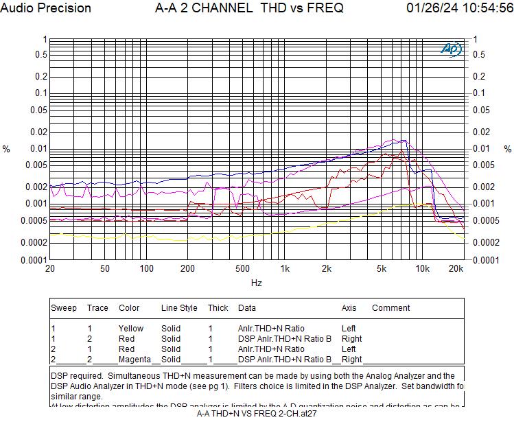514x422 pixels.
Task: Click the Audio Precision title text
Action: click(46, 8)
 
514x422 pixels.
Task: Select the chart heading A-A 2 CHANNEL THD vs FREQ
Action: click(250, 8)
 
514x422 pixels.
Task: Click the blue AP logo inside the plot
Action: click(451, 49)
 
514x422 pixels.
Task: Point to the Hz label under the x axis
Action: click(256, 283)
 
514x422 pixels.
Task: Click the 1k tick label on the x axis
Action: click(285, 269)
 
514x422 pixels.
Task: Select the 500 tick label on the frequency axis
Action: click(242, 269)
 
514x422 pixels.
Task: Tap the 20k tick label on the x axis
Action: click(457, 269)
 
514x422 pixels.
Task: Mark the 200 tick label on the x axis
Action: click(188, 269)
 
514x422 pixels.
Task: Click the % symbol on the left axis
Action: click(7, 149)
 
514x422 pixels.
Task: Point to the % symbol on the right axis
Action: click(508, 149)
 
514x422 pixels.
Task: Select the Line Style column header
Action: click(179, 308)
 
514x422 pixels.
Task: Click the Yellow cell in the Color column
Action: click(131, 329)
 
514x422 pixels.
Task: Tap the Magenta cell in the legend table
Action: click(135, 360)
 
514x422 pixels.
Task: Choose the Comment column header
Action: click(390, 308)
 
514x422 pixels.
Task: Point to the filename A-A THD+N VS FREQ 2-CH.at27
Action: click(257, 413)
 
